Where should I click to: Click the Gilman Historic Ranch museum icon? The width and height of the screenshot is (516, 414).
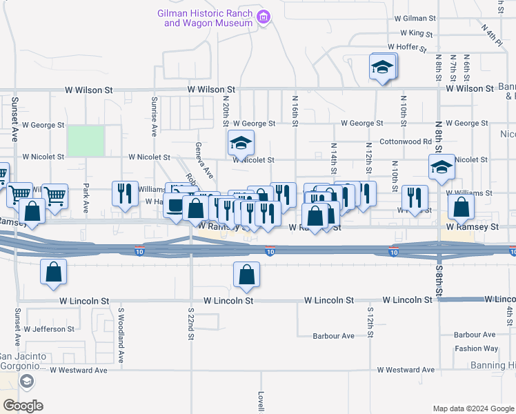coord(262,17)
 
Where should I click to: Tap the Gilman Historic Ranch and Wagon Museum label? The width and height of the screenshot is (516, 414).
coord(205,18)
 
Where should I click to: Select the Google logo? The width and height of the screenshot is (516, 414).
coord(23,406)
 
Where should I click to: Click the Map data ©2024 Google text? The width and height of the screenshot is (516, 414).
coord(473,408)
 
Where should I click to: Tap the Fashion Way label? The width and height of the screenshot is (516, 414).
coord(476,348)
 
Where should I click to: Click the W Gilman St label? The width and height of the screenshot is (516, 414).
coord(416,19)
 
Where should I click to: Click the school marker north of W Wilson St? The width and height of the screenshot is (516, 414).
coord(382,68)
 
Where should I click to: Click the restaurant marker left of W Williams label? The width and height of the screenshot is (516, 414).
coord(124,194)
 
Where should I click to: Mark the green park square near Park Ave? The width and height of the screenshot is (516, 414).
coord(86,141)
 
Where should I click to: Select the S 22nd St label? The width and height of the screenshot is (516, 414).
coord(190,322)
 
